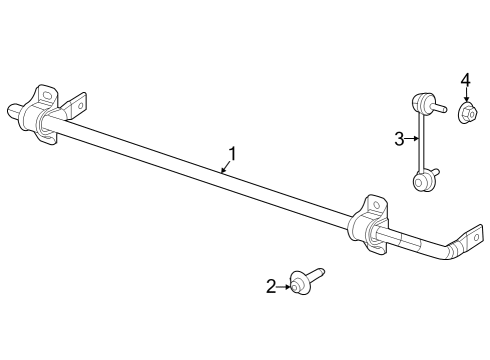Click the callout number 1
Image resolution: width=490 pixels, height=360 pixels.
pyautogui.click(x=232, y=154)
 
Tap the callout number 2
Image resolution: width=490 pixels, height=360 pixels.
pyautogui.click(x=271, y=286)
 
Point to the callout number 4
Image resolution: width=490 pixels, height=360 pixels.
pyautogui.click(x=465, y=80)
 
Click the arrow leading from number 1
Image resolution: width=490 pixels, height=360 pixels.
pyautogui.click(x=225, y=168)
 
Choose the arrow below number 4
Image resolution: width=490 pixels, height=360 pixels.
pyautogui.click(x=465, y=96)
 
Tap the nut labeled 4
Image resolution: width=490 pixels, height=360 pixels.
pyautogui.click(x=466, y=113)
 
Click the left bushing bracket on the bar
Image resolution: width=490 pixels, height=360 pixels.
pyautogui.click(x=46, y=113)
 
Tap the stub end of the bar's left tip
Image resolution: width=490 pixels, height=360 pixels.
pyautogui.click(x=17, y=110)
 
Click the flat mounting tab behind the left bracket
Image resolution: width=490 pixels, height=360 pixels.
pyautogui.click(x=77, y=102)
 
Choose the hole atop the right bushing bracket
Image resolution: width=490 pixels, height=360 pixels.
pyautogui.click(x=376, y=204)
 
